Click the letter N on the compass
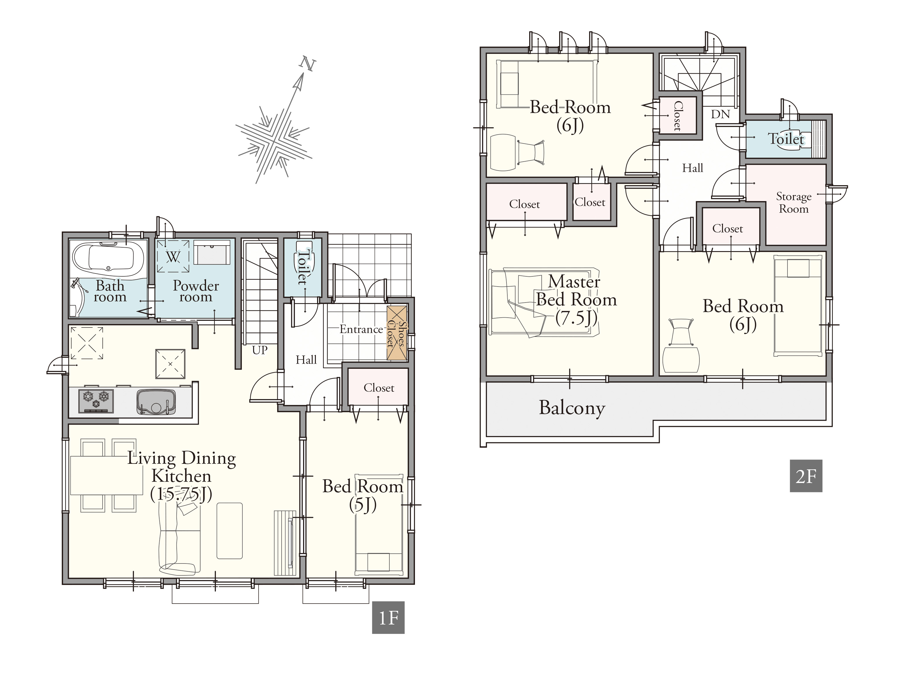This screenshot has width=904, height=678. click(308, 64)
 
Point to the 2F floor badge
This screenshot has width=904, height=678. click(805, 476)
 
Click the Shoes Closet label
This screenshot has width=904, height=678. click(397, 334)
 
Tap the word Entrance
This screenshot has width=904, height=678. click(361, 329)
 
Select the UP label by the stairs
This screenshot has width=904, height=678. click(259, 350)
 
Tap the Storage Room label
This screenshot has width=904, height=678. click(794, 203)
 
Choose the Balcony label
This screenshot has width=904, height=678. click(572, 408)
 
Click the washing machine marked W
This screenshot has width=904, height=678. click(173, 256)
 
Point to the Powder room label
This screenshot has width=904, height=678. click(196, 291)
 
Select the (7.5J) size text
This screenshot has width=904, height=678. click(576, 318)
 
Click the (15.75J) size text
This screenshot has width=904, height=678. click(181, 494)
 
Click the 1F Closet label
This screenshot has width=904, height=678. click(379, 388)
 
